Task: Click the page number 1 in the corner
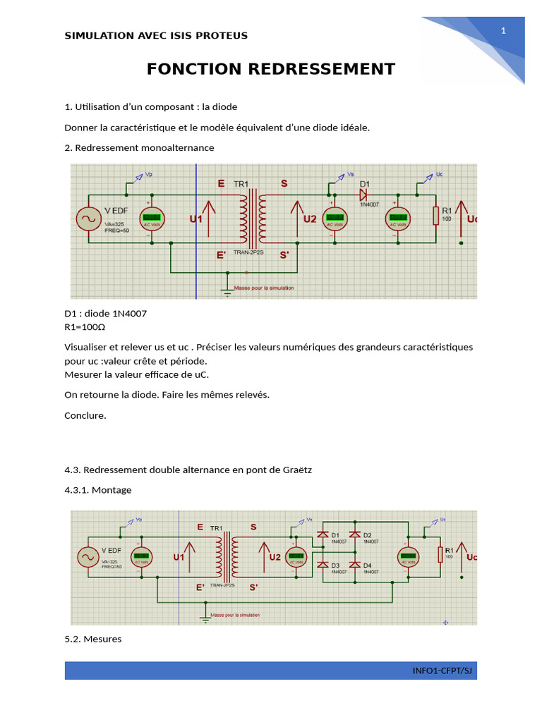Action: (503, 30)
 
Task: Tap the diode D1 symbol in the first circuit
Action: (364, 192)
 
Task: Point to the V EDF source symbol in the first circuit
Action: (90, 218)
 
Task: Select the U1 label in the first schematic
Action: (195, 219)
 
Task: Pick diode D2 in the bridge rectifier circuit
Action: (354, 535)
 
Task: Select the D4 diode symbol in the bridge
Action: (354, 565)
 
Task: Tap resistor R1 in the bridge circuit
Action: (440, 554)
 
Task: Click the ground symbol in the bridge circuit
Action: (205, 618)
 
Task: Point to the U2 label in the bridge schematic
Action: (275, 556)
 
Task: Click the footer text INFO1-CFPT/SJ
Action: (442, 671)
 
